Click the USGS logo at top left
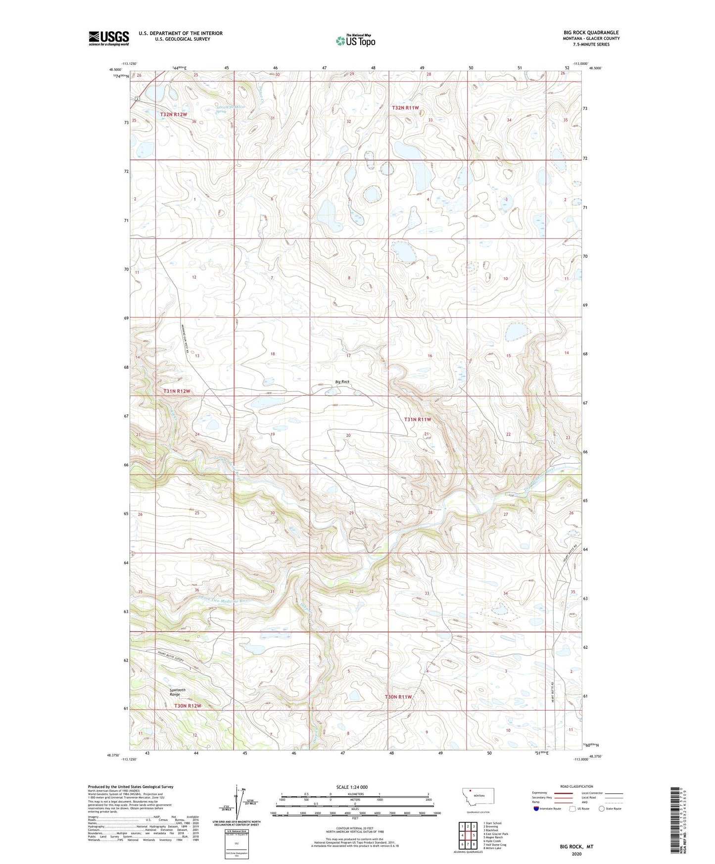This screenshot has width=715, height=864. tap(108, 38)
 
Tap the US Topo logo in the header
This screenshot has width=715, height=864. tap(355, 41)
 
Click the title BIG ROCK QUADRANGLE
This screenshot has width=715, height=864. tap(591, 33)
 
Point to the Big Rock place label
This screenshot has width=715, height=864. tap(342, 382)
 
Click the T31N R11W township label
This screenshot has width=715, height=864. tap(418, 420)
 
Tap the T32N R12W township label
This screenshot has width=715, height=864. tap(174, 115)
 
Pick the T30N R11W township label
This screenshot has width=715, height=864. tap(398, 697)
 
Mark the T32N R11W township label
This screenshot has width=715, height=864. tap(405, 108)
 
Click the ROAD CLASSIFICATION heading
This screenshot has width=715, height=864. tap(576, 786)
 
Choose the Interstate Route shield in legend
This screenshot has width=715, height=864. tap(537, 809)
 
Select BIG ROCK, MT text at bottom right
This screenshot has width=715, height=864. tap(576, 847)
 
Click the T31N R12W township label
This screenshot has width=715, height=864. tap(177, 391)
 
